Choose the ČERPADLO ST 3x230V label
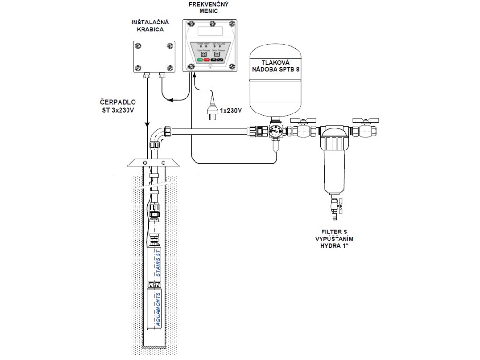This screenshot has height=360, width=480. (118, 106)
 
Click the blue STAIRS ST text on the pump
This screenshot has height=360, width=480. (158, 264)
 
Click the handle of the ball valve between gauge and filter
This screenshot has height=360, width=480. (301, 120)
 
